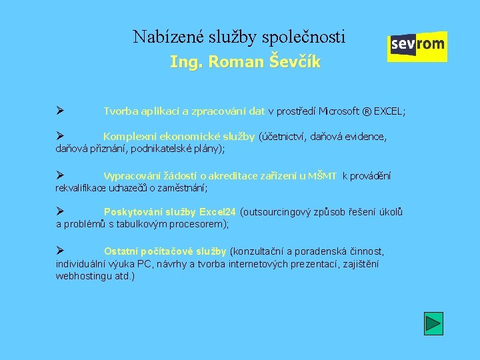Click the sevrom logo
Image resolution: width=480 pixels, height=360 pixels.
tap(417, 46)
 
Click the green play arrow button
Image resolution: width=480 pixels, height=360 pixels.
tap(433, 323)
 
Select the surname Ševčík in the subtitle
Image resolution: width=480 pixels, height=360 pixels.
tap(295, 63)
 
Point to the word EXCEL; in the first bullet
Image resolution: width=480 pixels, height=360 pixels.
tap(387, 111)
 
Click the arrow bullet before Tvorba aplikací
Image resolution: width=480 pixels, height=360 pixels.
tap(59, 111)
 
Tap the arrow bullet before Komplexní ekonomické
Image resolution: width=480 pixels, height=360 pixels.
tap(59, 136)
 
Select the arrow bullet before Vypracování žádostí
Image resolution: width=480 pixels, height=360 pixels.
tap(59, 175)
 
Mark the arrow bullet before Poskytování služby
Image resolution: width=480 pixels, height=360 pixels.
tap(59, 212)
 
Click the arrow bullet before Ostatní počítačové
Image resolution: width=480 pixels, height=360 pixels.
tap(59, 251)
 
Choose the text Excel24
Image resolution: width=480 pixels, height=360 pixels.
tap(219, 213)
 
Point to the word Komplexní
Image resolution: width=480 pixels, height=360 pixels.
tap(125, 137)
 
